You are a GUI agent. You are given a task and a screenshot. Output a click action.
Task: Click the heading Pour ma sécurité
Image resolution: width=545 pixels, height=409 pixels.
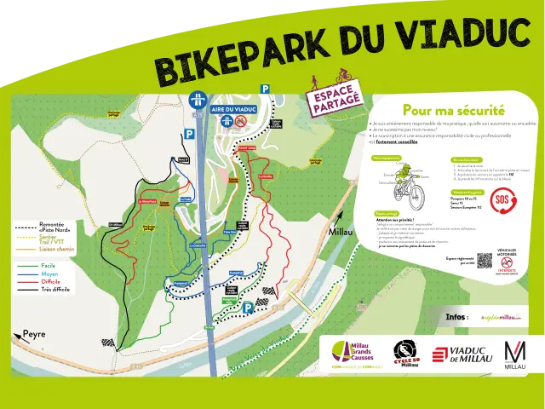(x=453, y=110)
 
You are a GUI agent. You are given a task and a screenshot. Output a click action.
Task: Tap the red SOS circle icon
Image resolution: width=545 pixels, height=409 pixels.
(x=503, y=203)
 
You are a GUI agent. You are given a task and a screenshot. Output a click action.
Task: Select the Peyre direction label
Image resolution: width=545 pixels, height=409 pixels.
(x=34, y=334)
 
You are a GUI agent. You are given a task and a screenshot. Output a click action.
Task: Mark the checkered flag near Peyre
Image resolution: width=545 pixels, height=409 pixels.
(x=108, y=342)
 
